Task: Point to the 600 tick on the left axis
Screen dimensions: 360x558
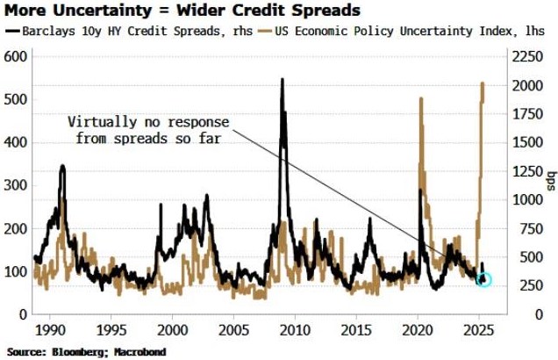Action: pos(18,56)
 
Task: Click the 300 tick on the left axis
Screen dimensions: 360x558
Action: pos(18,185)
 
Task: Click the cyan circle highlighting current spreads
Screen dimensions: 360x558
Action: pos(483,278)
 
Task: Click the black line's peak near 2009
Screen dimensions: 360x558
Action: pos(283,80)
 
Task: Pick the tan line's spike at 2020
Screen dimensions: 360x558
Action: pos(421,98)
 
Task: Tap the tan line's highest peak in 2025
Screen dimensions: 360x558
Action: pos(483,83)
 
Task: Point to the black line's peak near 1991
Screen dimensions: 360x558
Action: pos(62,165)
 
